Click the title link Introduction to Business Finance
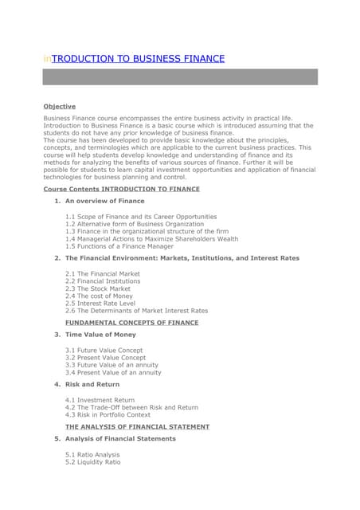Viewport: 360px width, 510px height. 134,59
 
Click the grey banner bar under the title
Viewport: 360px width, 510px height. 180,77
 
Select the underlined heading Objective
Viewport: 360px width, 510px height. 60,106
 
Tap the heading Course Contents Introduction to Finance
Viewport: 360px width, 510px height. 121,189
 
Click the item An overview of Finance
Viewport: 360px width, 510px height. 104,201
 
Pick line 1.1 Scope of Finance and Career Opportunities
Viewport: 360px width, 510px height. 140,216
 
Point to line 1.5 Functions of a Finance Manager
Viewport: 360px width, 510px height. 119,246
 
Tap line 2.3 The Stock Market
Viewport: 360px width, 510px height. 99,288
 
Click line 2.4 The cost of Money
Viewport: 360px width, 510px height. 99,296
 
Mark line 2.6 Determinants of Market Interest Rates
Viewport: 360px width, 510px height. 136,311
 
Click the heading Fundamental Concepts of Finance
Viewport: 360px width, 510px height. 131,323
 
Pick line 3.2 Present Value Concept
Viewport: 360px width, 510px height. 105,358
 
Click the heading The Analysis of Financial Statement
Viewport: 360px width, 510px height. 137,426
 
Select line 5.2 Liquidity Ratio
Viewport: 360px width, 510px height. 92,461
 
